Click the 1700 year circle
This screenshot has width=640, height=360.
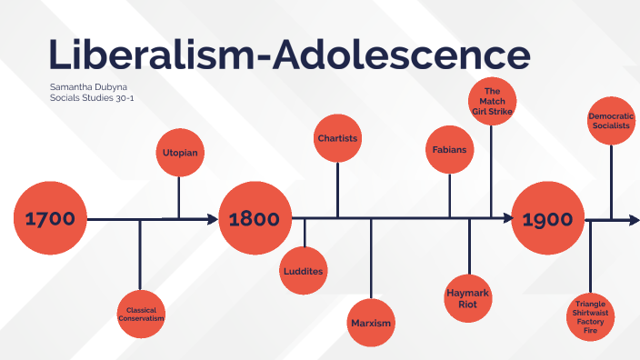click(x=51, y=218)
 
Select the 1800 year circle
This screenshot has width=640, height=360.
click(x=255, y=218)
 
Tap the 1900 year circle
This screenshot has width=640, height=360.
click(x=548, y=218)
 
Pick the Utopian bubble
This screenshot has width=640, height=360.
click(x=178, y=153)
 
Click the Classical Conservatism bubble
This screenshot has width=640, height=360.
click(x=140, y=315)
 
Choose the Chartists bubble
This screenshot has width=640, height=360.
click(x=337, y=139)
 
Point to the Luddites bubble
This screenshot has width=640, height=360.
click(x=304, y=271)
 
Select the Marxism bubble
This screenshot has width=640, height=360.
click(x=371, y=323)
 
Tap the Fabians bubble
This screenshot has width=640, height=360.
click(x=449, y=148)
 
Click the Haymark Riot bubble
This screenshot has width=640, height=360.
click(x=469, y=299)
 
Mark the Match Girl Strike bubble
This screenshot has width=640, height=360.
click(x=493, y=101)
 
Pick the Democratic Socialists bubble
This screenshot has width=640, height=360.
click(x=611, y=122)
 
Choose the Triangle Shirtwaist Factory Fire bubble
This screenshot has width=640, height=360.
click(x=591, y=315)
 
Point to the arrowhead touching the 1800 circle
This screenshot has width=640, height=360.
click(x=213, y=219)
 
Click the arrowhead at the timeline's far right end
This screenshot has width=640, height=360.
click(x=634, y=219)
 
